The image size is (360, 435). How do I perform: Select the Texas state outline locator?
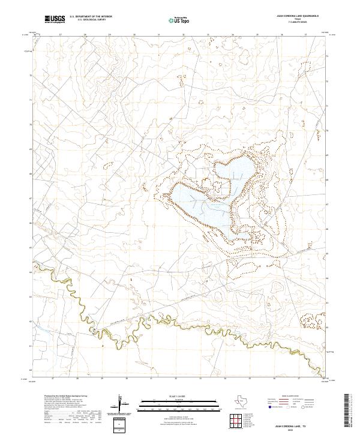(x=246, y=401)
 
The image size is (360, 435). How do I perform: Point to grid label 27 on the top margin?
(x=62, y=35)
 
